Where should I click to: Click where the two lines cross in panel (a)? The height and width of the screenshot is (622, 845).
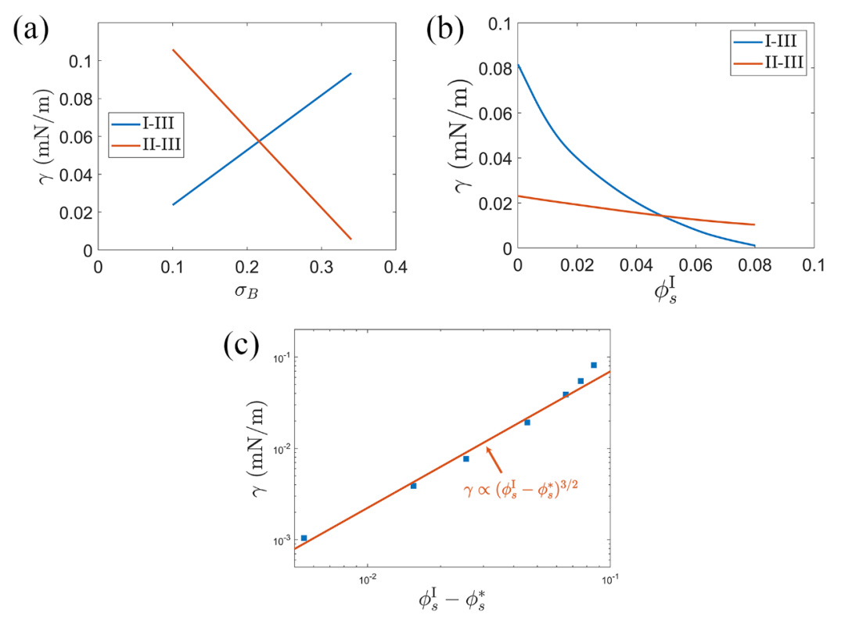[259, 141]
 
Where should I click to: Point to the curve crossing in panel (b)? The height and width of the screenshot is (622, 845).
[663, 215]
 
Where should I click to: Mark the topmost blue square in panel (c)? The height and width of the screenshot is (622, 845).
[594, 365]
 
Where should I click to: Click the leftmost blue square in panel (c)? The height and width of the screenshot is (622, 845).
[304, 538]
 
